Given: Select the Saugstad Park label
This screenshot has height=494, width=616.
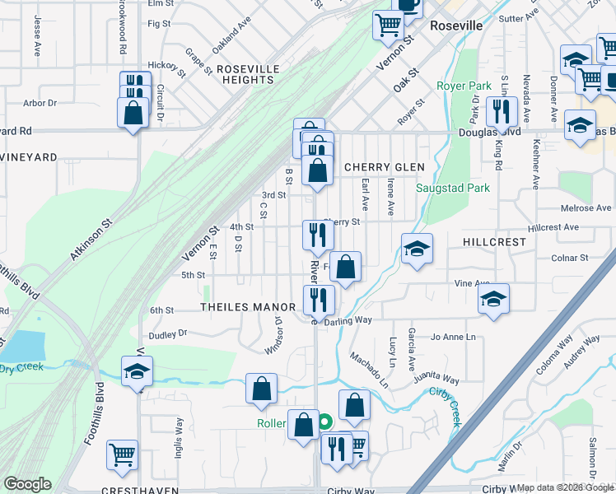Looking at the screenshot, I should [453, 188].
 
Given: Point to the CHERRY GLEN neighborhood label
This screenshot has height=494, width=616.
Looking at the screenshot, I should [384, 167].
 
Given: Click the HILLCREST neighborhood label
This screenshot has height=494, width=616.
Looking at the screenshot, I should [494, 242].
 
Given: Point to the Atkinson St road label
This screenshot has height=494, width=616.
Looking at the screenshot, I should [90, 240].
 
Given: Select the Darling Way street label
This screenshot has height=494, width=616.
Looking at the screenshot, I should [348, 319].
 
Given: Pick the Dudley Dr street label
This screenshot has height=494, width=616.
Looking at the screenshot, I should [168, 334].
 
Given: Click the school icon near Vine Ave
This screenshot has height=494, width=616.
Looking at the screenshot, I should [493, 298].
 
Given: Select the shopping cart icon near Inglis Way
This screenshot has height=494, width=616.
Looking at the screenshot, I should [123, 453].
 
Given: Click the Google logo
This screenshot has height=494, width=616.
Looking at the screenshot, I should [27, 484].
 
